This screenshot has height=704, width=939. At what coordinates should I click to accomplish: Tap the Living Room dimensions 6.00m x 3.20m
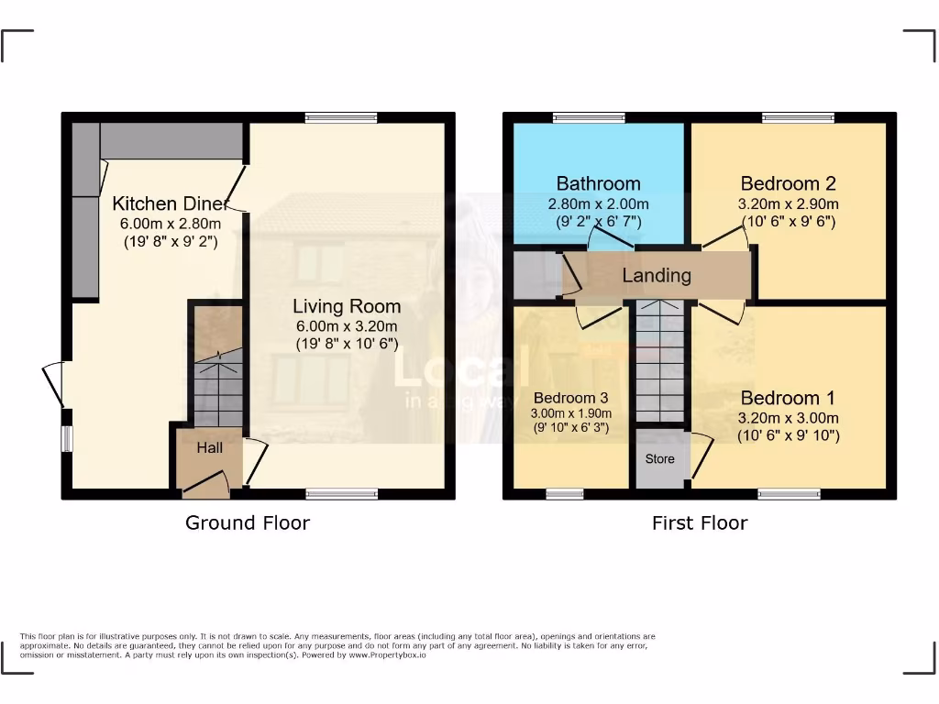(x=346, y=326)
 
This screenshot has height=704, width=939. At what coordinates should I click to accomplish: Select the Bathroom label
(x=598, y=183)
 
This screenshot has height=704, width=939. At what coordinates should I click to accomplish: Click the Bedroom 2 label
(x=788, y=183)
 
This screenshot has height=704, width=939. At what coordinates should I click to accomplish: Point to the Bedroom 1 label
(x=788, y=398)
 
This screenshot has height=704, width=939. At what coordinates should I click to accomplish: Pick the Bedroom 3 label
(x=570, y=398)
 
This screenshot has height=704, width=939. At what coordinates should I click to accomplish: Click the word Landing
(x=657, y=275)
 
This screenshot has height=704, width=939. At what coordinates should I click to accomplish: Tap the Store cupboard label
(x=659, y=459)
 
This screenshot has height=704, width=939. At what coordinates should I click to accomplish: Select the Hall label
(x=209, y=448)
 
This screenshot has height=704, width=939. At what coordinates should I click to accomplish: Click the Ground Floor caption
(x=248, y=522)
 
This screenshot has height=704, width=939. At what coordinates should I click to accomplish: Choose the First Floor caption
(x=700, y=522)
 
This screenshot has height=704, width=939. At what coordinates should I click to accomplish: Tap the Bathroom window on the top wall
(x=589, y=117)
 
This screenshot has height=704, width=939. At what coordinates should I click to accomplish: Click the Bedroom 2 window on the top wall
(x=798, y=117)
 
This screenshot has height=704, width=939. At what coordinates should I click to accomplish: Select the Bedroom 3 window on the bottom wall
(x=565, y=494)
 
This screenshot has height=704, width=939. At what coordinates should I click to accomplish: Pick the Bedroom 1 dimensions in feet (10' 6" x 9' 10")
(x=788, y=436)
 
